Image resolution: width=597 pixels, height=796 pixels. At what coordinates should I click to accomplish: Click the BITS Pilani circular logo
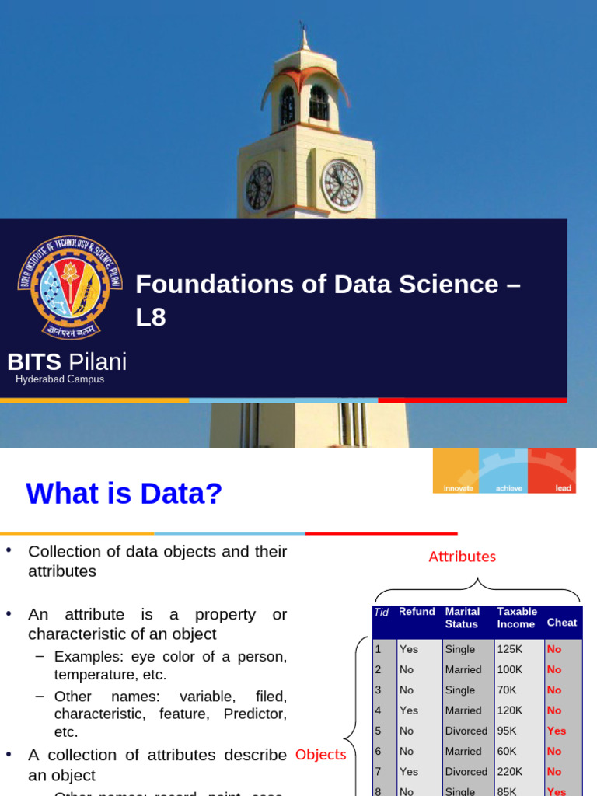[70, 288]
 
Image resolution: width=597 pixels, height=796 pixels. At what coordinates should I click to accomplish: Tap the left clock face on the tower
[259, 187]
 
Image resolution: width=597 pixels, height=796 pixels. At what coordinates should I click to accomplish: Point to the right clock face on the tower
[341, 185]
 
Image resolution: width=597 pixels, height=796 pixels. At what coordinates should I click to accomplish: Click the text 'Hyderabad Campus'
[60, 379]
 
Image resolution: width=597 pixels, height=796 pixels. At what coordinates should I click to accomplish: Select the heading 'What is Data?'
[124, 493]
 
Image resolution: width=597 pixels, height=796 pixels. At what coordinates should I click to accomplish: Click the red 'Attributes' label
[462, 557]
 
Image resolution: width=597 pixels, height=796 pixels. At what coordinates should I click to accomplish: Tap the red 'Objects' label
[320, 755]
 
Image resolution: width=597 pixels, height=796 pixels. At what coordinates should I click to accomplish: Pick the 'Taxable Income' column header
[517, 617]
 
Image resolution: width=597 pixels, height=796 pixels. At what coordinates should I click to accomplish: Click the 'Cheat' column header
[562, 622]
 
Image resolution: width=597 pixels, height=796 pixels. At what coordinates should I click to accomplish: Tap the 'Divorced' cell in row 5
[466, 731]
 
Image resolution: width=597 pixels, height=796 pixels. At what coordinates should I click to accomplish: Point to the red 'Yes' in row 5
[557, 731]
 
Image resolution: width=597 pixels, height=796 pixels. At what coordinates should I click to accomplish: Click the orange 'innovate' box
[456, 470]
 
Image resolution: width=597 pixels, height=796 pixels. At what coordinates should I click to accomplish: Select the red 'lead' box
[553, 470]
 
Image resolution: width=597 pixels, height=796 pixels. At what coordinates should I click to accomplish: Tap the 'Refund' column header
[417, 612]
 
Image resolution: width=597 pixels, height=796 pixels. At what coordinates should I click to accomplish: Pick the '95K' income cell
[506, 731]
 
